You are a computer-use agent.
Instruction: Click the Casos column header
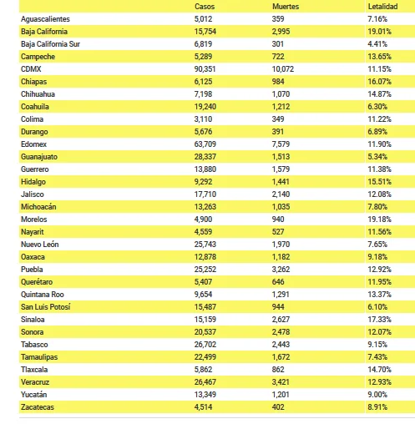point(205,7)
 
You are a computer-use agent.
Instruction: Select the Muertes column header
point(286,7)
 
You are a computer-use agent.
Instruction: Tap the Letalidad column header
point(382,7)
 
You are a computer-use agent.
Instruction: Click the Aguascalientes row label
point(45,19)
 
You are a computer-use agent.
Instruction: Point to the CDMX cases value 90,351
point(205,69)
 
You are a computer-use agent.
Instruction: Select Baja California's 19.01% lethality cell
point(379,32)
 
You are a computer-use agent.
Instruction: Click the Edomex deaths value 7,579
point(281,144)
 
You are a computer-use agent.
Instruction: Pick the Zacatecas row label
point(38,407)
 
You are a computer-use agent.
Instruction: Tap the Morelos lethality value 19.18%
point(379,220)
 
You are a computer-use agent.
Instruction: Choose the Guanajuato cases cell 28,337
point(205,157)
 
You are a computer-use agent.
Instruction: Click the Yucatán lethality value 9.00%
point(377,395)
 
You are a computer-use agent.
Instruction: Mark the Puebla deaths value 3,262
point(281,270)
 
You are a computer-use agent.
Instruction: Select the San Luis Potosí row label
point(46,307)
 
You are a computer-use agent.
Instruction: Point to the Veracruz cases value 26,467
point(205,382)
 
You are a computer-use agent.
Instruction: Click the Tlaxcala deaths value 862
point(278,370)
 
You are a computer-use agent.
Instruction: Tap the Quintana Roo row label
point(43,295)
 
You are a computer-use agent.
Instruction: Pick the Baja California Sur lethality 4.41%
point(377,44)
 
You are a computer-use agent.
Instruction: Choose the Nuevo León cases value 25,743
point(205,245)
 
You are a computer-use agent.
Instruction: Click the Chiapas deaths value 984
point(278,82)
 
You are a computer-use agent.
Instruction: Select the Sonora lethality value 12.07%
point(379,332)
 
